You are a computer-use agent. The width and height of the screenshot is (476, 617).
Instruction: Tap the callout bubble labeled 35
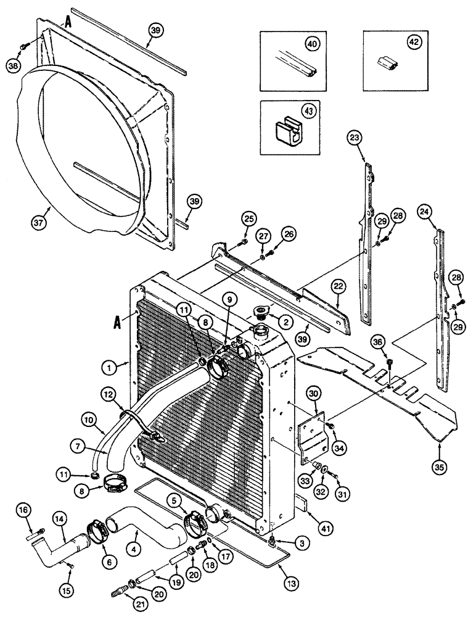(439, 466)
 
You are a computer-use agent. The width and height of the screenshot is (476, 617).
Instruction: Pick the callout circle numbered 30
(314, 394)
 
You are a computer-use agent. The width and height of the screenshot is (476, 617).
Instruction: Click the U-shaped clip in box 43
(287, 131)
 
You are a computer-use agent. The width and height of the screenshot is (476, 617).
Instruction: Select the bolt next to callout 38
(23, 47)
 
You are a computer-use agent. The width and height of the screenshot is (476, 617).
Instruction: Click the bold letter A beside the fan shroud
(68, 23)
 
